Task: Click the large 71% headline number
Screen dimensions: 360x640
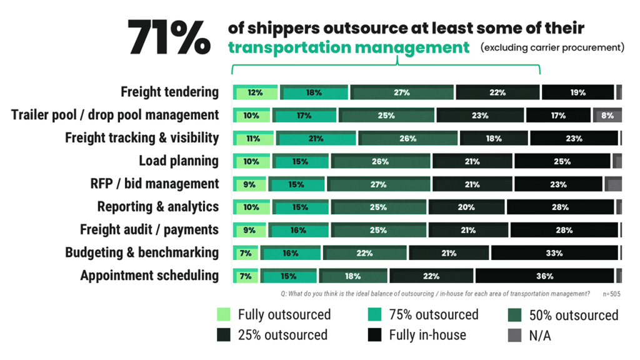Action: pyautogui.click(x=169, y=37)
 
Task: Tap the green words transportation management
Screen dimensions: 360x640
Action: pyautogui.click(x=348, y=47)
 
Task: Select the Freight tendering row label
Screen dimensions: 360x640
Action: pyautogui.click(x=169, y=92)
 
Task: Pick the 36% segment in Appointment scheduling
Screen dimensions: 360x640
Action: pyautogui.click(x=544, y=276)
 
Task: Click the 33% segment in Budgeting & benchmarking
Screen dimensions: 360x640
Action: pyautogui.click(x=554, y=253)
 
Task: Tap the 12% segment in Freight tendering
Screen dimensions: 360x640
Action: pyautogui.click(x=254, y=92)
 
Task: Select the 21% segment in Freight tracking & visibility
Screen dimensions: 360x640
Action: pyautogui.click(x=316, y=138)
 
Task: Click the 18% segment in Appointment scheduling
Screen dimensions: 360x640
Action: pyautogui.click(x=352, y=276)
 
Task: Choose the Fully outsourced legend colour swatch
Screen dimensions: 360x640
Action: pyautogui.click(x=224, y=314)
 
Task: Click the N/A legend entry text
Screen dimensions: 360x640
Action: pyautogui.click(x=540, y=336)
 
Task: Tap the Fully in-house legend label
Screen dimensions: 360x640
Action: pyautogui.click(x=427, y=335)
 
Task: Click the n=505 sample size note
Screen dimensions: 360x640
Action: pyautogui.click(x=612, y=294)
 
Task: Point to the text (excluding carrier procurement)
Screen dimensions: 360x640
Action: pyautogui.click(x=552, y=47)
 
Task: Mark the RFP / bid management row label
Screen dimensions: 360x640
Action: pyautogui.click(x=154, y=184)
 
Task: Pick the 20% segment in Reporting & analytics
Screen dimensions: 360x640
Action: pyautogui.click(x=466, y=207)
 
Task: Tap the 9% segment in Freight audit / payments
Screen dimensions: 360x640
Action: pyautogui.click(x=249, y=230)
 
